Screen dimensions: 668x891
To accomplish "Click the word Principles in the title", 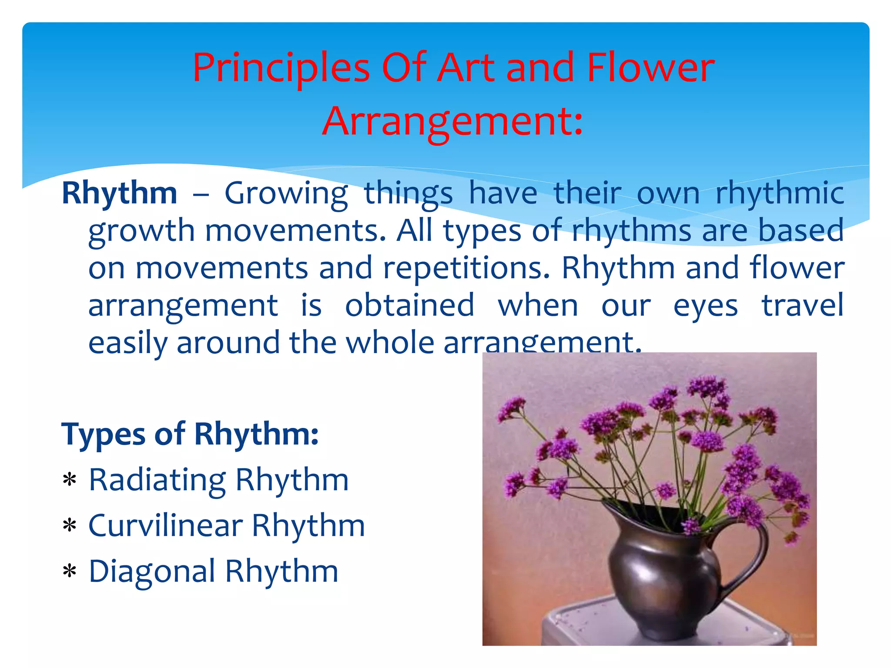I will coord(281,69).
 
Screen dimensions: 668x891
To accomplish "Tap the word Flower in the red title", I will coord(650,68).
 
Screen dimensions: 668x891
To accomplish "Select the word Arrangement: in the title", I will coord(452,122).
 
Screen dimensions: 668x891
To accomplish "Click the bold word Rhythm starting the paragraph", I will coord(120,193).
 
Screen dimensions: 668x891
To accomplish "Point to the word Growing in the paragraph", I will coord(286,194).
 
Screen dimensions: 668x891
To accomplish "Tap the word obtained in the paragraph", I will coord(409,305).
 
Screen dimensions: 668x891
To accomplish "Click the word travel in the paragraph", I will coord(802,305).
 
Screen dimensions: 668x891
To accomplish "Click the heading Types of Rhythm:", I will coord(190,434).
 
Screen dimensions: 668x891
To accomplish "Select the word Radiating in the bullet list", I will coord(157,480).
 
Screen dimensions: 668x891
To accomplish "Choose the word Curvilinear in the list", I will coord(165,526).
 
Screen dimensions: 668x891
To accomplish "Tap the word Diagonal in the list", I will coord(152,571).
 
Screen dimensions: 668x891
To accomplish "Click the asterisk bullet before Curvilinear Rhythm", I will coord(70,526).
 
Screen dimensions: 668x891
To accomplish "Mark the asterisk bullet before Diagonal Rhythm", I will coord(70,571).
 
